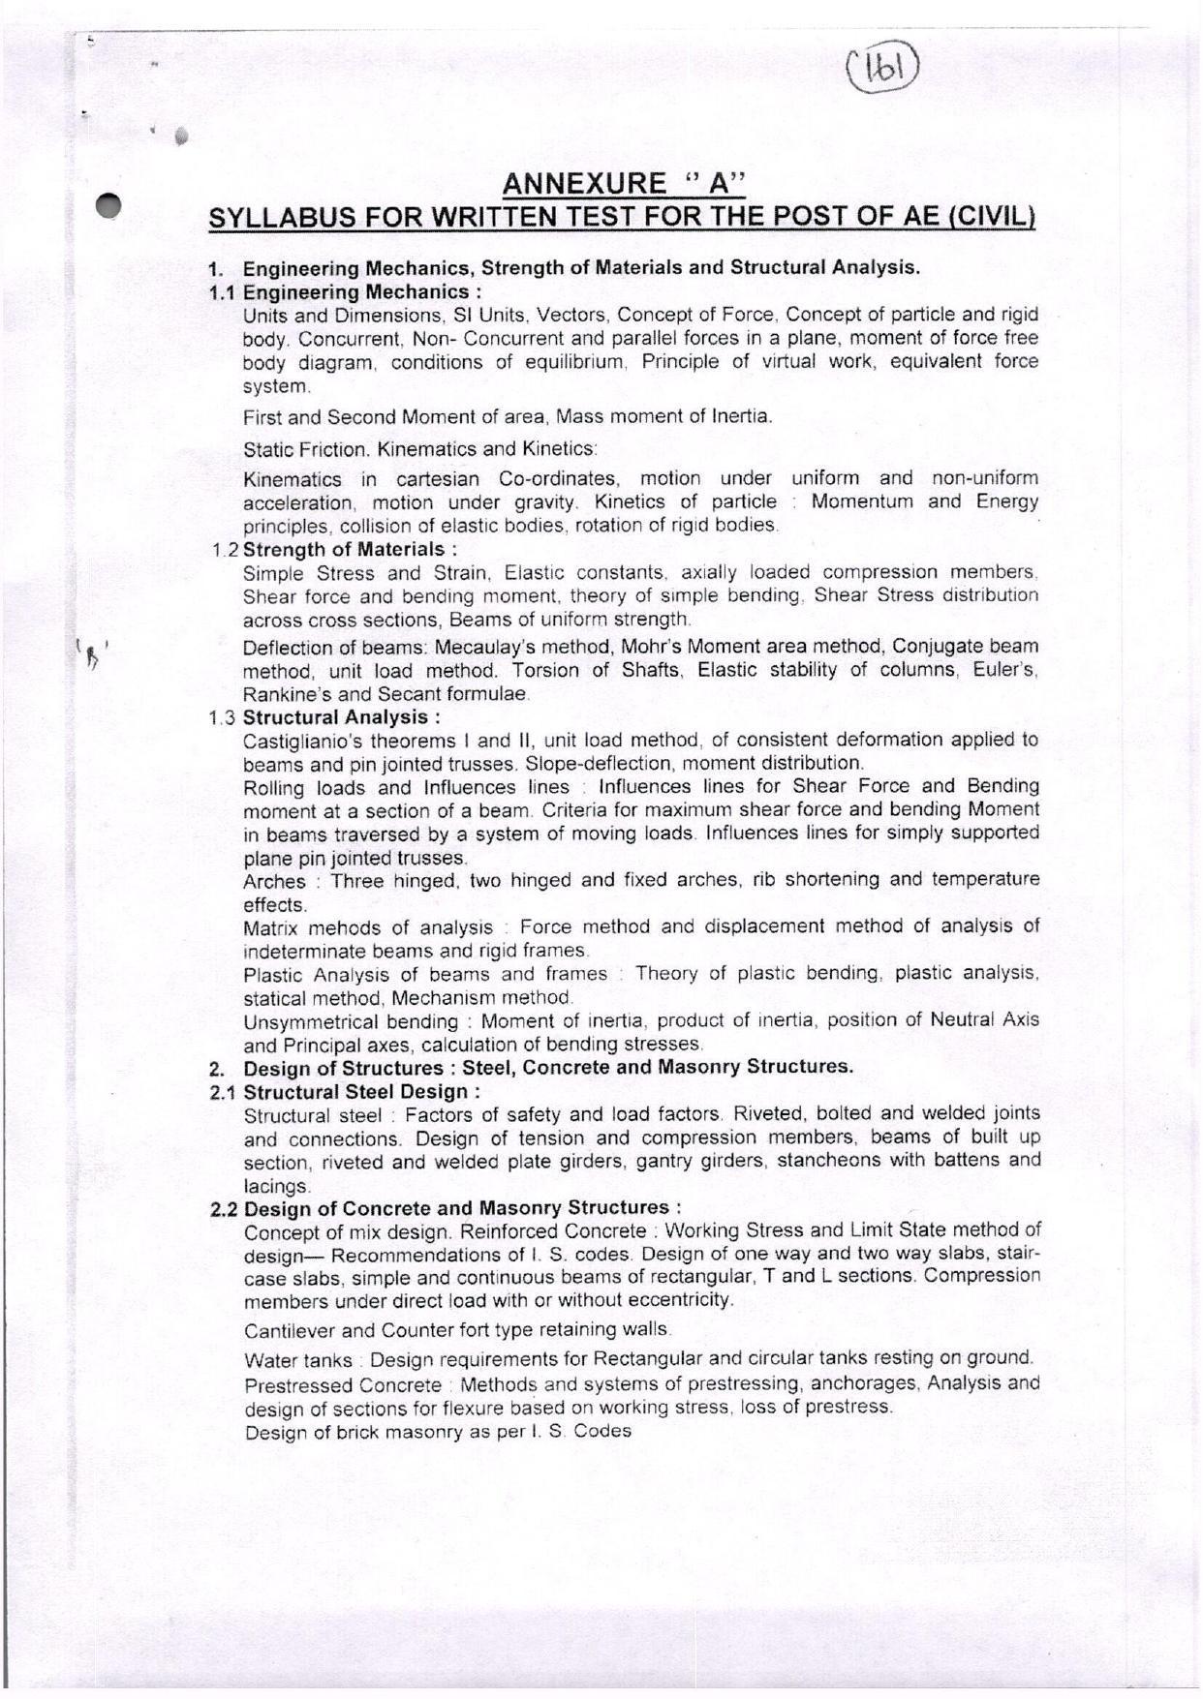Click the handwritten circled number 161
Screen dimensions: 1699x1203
coord(880,70)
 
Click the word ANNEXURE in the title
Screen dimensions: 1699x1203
coord(584,184)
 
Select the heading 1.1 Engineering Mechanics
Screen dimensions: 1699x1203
coord(346,291)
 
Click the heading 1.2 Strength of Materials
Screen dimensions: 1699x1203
coord(335,550)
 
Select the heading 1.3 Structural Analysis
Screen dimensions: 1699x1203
coord(325,717)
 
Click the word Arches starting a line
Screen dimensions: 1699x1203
coord(273,881)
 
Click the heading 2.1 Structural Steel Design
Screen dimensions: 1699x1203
coord(346,1092)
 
